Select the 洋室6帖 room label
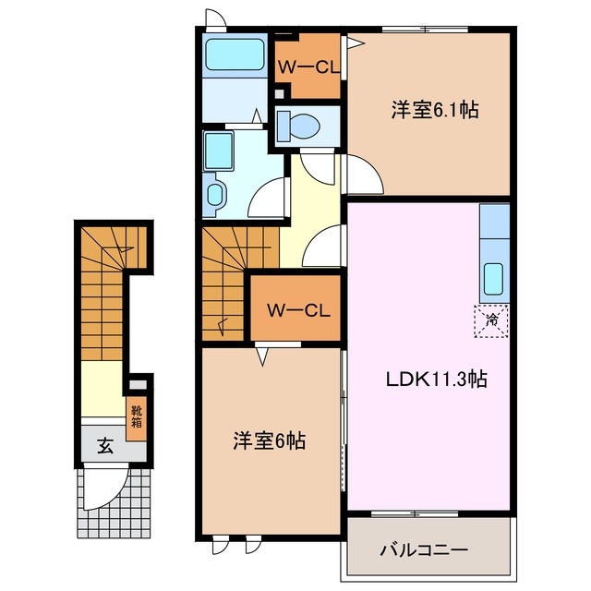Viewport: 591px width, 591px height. point(269,440)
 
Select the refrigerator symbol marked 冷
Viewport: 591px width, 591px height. point(492,320)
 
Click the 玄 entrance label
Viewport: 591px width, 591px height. point(105,447)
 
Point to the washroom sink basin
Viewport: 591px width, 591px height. point(217,194)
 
